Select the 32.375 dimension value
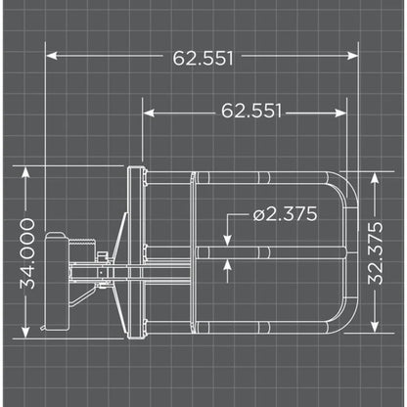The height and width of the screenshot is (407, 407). (377, 251)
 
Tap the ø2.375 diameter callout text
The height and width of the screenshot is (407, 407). (284, 214)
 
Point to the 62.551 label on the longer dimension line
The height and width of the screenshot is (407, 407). (203, 57)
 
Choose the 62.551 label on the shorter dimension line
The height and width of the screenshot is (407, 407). (250, 111)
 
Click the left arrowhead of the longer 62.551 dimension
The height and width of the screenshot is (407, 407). (49, 57)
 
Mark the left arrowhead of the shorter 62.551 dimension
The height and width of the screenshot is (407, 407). (147, 111)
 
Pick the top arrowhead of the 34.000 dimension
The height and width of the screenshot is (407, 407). (29, 168)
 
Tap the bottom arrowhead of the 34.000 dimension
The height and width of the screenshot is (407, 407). (29, 336)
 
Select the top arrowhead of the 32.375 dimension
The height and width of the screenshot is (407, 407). (377, 174)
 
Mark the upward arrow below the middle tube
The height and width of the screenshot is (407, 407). (228, 263)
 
